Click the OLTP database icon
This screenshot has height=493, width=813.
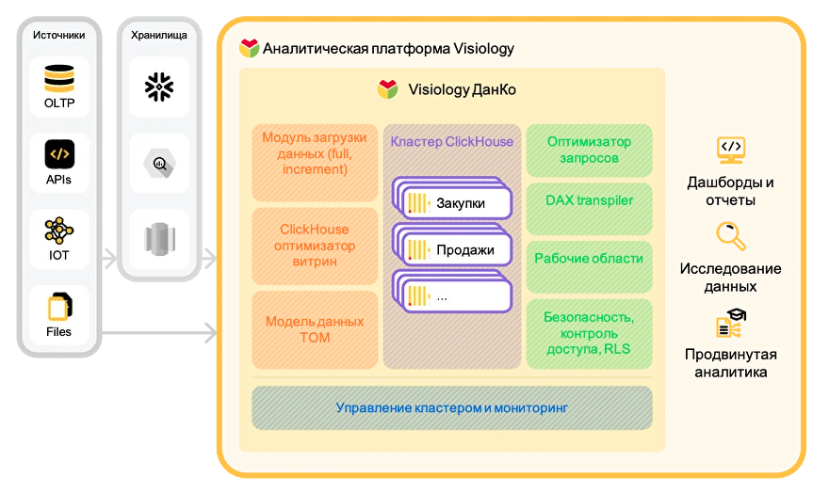(x=59, y=78)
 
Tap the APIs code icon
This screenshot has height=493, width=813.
(x=59, y=153)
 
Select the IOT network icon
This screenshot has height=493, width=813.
(x=59, y=231)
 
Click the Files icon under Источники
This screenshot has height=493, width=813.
(x=59, y=307)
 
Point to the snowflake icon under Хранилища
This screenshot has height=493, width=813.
(x=159, y=87)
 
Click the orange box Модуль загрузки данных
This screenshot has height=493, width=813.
(x=315, y=163)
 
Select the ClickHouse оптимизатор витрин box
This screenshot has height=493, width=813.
(x=315, y=246)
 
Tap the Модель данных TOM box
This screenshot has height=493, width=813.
(x=315, y=330)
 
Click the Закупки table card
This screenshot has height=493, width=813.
(x=452, y=199)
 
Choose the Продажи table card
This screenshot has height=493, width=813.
(x=452, y=245)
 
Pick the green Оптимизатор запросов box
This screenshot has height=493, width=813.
(x=589, y=151)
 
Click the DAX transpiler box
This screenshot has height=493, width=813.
(x=589, y=209)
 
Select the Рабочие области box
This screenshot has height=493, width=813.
(x=589, y=266)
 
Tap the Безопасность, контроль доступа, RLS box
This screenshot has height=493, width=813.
(x=589, y=333)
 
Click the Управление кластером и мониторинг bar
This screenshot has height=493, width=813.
(x=452, y=408)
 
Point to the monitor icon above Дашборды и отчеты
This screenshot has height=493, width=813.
(x=731, y=151)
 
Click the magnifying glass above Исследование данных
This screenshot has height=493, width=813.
(x=731, y=236)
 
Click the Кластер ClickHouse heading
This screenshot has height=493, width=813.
(x=451, y=141)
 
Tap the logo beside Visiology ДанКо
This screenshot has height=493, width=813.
(x=387, y=89)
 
